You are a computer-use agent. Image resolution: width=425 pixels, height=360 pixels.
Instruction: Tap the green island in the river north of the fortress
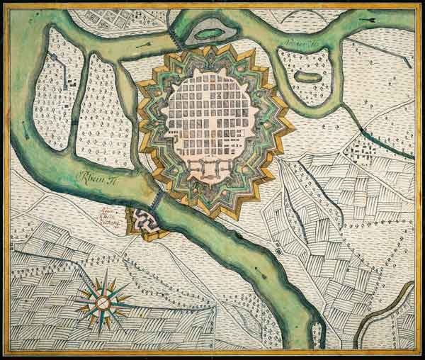click(208, 32)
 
